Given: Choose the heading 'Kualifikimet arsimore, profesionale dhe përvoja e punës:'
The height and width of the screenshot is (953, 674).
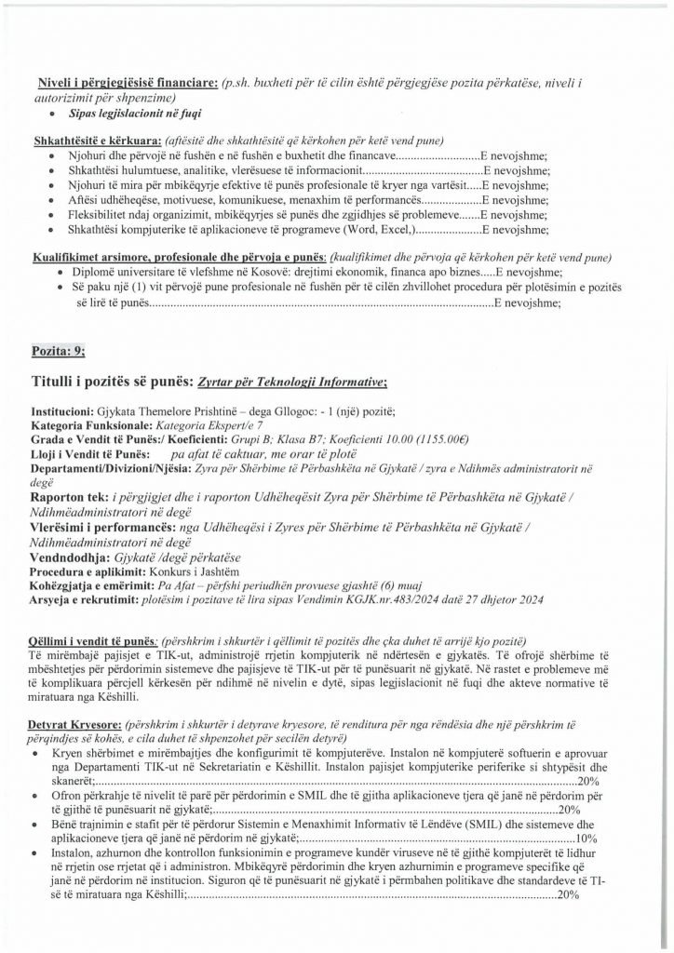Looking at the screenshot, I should (181, 256).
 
